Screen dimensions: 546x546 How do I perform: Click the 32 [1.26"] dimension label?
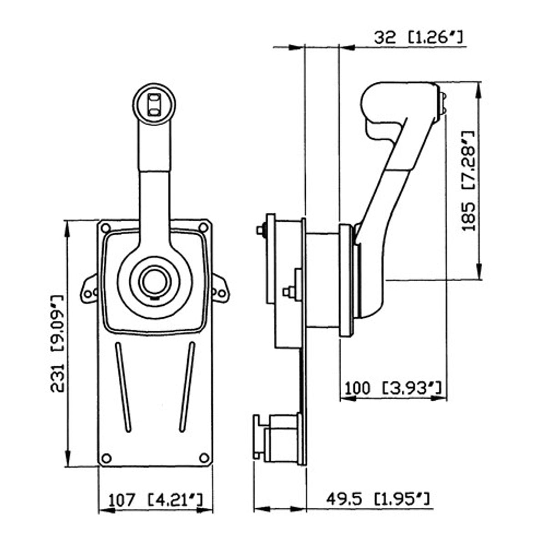419,37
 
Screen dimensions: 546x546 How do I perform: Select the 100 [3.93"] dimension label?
393,388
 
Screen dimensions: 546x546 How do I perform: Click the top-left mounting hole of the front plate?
106,228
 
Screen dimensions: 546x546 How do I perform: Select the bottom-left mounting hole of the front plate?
106,458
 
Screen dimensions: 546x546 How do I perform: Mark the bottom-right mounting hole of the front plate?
204,457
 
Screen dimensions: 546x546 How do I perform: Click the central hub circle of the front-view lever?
154,282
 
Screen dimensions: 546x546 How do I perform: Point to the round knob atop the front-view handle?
154,103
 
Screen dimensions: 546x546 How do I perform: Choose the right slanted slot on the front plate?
187,387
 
